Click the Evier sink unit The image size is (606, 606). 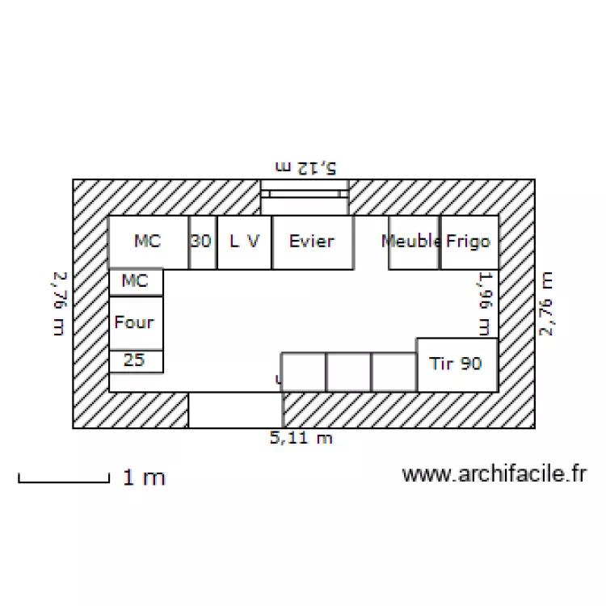313,242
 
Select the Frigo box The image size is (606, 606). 469,242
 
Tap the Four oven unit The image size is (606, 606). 136,323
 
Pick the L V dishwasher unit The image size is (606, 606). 244,242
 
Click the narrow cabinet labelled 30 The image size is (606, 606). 203,242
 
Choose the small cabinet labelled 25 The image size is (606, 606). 136,361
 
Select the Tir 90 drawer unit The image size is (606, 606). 457,365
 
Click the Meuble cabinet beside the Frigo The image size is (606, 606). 414,242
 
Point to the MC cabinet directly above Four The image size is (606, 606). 136,282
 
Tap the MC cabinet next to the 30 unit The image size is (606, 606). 149,242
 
